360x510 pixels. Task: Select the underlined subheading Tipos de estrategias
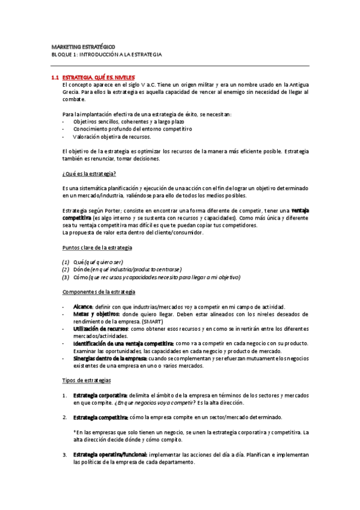[87, 380]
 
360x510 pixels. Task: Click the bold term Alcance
[82, 307]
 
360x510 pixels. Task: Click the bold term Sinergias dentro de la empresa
[110, 358]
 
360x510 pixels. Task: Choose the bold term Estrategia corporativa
[100, 395]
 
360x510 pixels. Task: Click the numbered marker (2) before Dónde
[66, 269]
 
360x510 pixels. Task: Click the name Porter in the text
[104, 210]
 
